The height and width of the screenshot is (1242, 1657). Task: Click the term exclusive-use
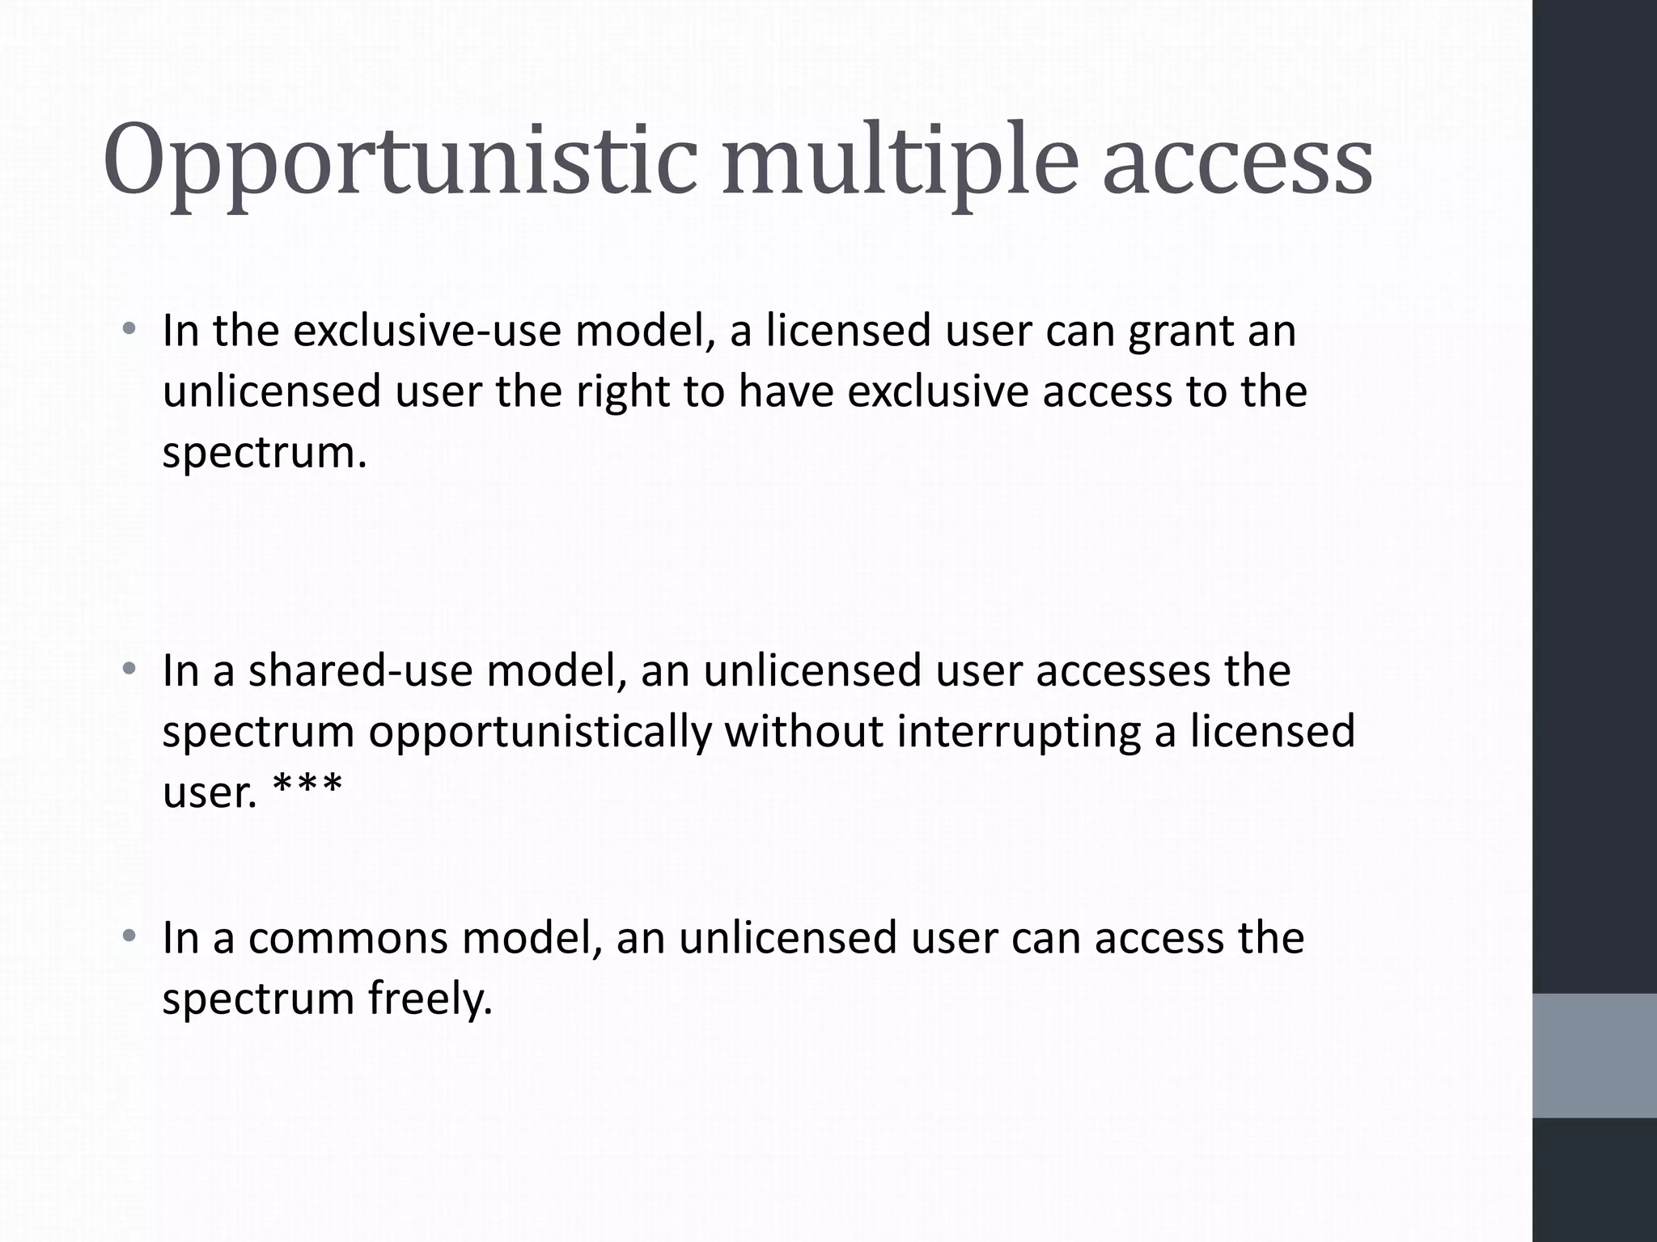click(426, 331)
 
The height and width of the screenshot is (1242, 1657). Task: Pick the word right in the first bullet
click(622, 393)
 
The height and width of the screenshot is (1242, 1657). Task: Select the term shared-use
click(359, 671)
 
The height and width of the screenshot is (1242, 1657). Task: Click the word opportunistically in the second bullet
click(540, 733)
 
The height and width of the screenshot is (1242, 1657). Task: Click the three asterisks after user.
click(307, 786)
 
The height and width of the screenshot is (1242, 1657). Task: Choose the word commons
click(347, 938)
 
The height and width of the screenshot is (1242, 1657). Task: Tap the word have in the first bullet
click(786, 391)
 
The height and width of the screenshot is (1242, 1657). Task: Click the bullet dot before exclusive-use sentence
click(129, 330)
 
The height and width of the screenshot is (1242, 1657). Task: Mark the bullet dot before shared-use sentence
click(129, 670)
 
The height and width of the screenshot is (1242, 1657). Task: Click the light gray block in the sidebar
click(1594, 1055)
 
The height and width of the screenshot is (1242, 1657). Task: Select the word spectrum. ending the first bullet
click(265, 454)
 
